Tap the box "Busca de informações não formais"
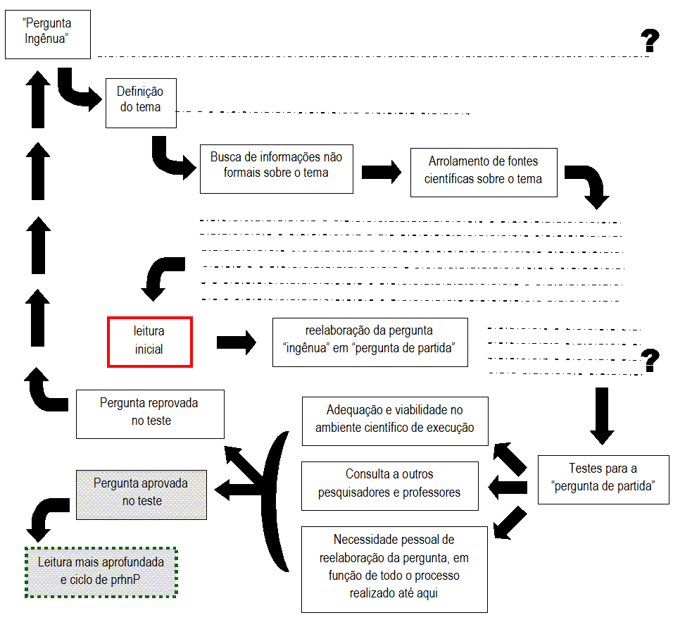[x=276, y=168]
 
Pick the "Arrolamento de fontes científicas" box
[x=484, y=172]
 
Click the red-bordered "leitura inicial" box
[x=149, y=342]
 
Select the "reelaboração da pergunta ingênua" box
[x=370, y=342]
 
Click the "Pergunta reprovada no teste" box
[x=149, y=414]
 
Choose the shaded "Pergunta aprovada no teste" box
[x=141, y=495]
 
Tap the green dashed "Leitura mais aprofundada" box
[x=101, y=573]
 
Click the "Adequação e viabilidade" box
[x=394, y=421]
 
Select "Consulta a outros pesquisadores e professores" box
[x=389, y=486]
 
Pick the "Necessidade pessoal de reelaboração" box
[x=394, y=569]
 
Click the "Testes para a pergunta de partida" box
[x=603, y=479]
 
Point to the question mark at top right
[x=650, y=41]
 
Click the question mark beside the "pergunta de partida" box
[x=651, y=361]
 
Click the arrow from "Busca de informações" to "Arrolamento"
[x=381, y=172]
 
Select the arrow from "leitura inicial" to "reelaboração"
[x=237, y=342]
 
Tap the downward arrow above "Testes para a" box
[x=602, y=416]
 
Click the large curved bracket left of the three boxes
[x=278, y=500]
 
